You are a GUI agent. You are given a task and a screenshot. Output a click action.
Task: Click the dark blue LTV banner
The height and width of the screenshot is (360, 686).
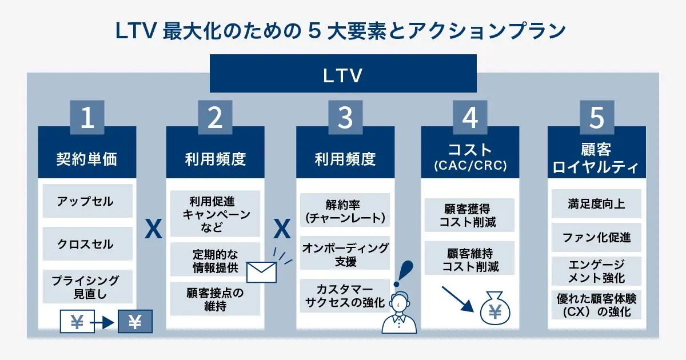coord(343,74)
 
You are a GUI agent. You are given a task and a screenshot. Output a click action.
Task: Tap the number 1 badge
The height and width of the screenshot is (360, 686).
coord(87,117)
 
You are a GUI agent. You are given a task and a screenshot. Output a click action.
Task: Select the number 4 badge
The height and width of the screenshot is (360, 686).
coord(470,117)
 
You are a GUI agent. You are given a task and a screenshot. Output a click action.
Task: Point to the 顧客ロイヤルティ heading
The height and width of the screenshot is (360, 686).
coord(597,158)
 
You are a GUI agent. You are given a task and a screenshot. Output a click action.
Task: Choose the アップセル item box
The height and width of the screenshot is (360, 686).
coord(87,201)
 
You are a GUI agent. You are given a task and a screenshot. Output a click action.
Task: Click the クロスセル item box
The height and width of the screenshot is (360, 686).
coord(87,244)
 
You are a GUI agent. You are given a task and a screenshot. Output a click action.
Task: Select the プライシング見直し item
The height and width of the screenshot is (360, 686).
coord(87,287)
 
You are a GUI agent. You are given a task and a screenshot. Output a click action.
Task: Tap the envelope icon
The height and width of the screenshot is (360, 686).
coord(261,272)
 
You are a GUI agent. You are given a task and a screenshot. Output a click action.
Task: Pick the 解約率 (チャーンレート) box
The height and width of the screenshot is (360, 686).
coord(345,210)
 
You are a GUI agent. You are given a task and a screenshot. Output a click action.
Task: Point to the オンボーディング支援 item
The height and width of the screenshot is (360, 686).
coord(345,254)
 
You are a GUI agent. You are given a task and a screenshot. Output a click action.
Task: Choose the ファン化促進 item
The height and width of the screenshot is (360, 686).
coord(596,237)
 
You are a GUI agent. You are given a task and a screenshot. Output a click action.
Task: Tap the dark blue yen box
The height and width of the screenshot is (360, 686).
coord(135,322)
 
